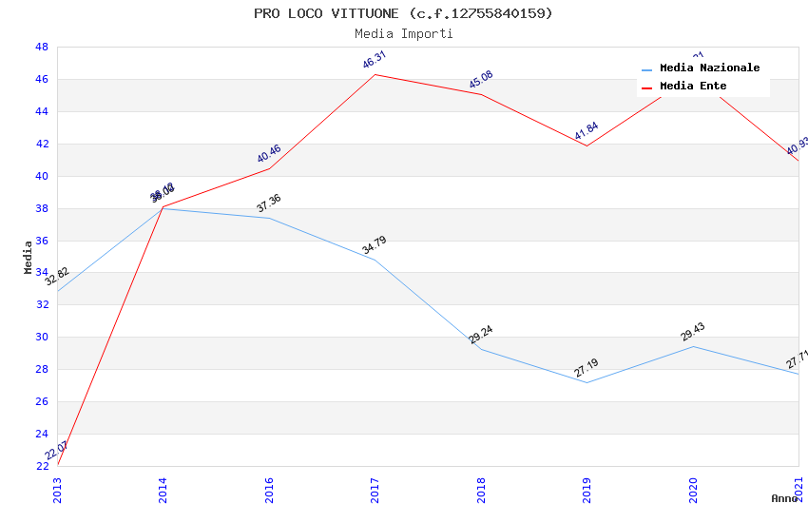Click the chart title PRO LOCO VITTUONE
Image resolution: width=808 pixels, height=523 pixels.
click(403, 13)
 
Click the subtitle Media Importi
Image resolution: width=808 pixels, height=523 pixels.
click(403, 33)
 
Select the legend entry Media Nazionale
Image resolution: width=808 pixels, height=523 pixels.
click(709, 68)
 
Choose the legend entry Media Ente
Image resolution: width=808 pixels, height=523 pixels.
click(692, 87)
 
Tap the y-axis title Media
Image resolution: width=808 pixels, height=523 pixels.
click(29, 257)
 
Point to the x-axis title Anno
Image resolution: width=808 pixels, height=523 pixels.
click(784, 498)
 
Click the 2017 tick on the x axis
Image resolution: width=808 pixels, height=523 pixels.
click(375, 490)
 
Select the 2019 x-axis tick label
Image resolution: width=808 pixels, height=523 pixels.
click(587, 490)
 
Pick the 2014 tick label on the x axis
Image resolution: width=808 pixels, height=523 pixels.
click(164, 490)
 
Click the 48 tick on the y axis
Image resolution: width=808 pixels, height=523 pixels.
click(42, 47)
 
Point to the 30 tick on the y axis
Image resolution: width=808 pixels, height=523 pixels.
click(42, 337)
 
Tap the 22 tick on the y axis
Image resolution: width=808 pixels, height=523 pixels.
click(42, 466)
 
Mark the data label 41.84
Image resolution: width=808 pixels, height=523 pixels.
click(587, 132)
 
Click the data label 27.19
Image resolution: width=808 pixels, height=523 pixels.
click(587, 368)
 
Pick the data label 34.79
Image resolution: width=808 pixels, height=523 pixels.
click(375, 245)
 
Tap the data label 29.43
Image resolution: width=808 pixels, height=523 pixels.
click(693, 332)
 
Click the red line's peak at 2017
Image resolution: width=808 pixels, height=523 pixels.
click(375, 74)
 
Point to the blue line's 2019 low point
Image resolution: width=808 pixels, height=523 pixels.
click(587, 382)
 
